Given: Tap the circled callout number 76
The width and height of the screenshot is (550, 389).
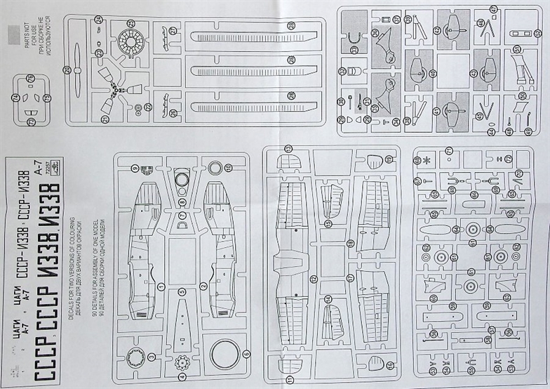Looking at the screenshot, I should click(30, 78).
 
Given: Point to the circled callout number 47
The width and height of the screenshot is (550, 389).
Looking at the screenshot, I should click(494, 9).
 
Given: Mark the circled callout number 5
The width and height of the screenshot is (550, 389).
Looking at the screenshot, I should click(182, 291).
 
